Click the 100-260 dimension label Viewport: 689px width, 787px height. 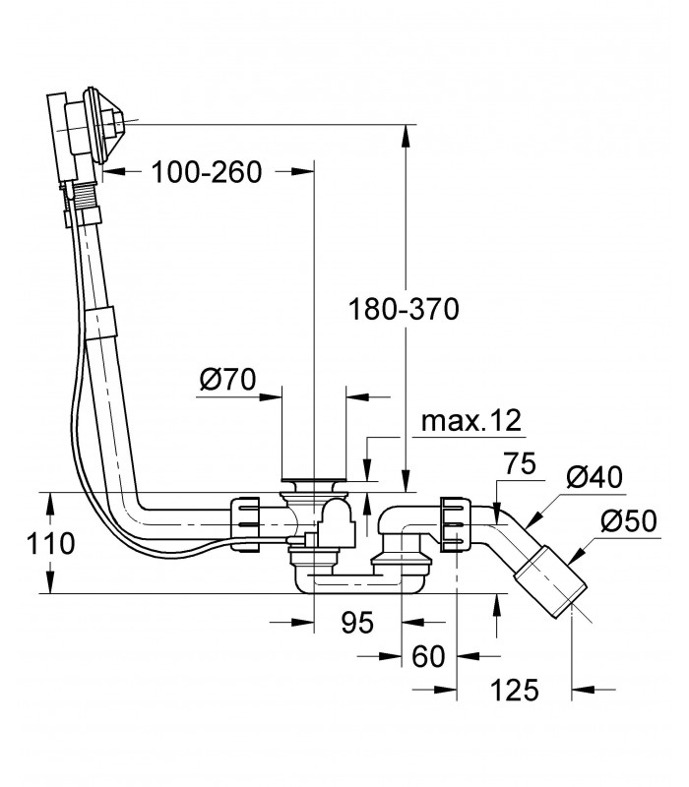point(207,172)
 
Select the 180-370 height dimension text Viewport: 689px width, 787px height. point(404,309)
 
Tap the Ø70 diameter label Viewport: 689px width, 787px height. point(227,380)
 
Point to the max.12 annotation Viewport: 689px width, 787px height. point(471,421)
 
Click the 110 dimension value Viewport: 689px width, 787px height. point(51,543)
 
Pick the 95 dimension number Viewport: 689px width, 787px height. point(357,623)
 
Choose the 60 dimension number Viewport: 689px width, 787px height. point(428,656)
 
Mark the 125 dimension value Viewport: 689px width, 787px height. point(514,690)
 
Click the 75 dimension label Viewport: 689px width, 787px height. point(520,463)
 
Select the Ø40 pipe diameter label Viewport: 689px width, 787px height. point(595,477)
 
